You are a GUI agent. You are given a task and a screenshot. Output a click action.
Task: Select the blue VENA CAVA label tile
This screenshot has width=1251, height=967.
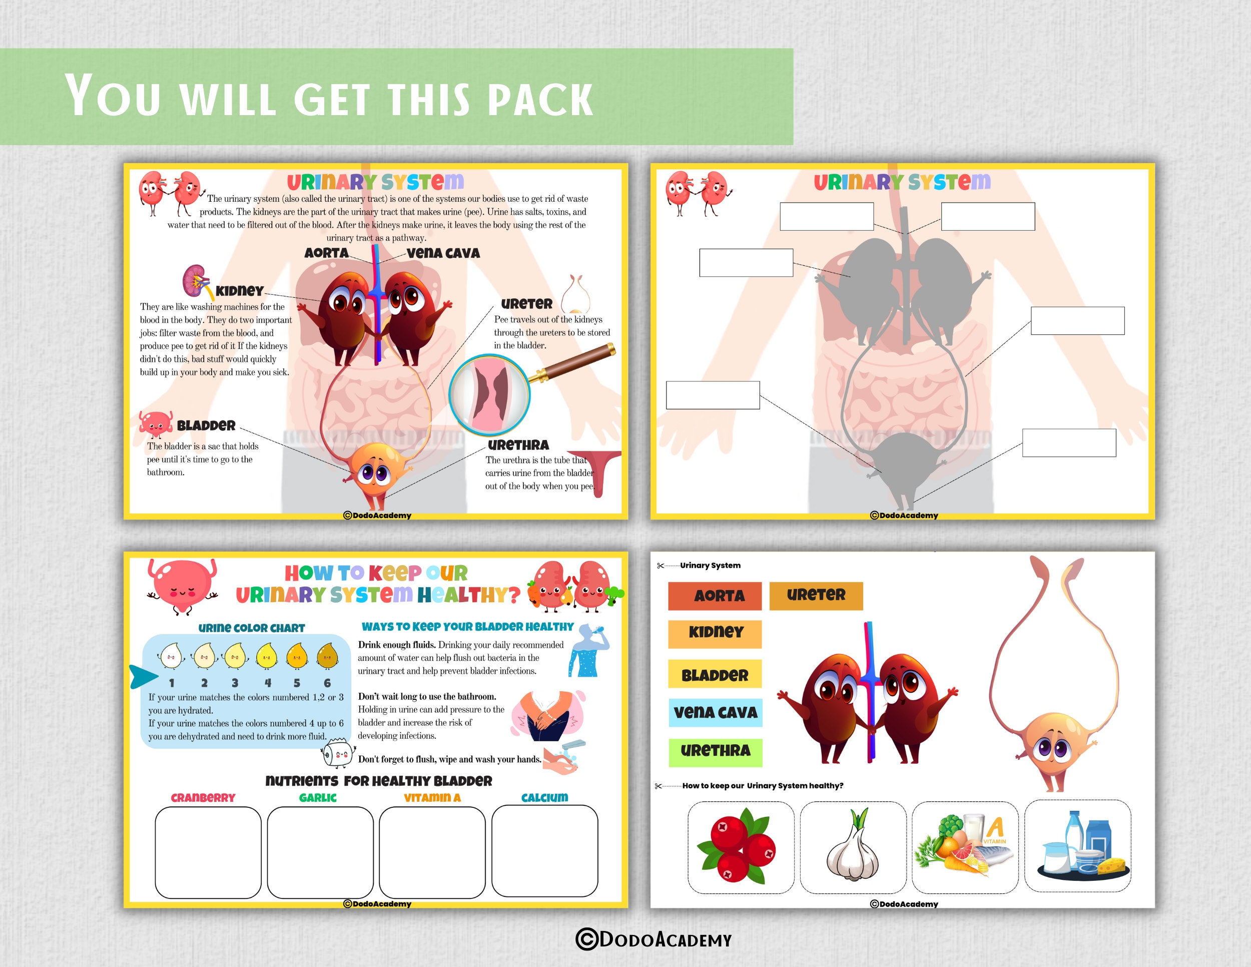click(x=715, y=712)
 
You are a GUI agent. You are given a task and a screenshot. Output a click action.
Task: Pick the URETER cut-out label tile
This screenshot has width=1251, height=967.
click(x=816, y=595)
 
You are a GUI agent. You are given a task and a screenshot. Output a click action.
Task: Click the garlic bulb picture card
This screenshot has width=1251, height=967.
click(x=852, y=847)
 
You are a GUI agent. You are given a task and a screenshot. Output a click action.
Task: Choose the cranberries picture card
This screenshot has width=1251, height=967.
click(x=741, y=847)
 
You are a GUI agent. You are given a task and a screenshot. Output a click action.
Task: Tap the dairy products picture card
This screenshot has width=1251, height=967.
click(x=1077, y=847)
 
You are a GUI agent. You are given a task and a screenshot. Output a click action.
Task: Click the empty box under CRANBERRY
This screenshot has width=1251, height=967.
click(x=208, y=852)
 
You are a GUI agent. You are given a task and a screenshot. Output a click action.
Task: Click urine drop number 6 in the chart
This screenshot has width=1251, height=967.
click(x=327, y=657)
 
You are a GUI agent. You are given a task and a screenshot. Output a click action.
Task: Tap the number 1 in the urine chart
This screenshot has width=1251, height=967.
click(x=171, y=683)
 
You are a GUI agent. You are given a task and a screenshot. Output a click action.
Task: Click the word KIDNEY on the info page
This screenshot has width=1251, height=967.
click(x=239, y=290)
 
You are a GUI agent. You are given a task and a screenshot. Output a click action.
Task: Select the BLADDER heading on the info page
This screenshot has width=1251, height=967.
click(x=206, y=425)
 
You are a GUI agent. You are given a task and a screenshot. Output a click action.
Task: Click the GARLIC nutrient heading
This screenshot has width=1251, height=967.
click(x=318, y=797)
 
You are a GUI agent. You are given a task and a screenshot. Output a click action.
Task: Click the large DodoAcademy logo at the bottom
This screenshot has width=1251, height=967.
click(x=654, y=939)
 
